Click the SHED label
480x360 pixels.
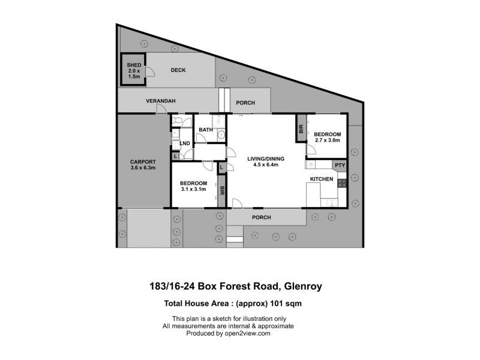[x=133, y=64]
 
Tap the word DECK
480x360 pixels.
[x=178, y=70]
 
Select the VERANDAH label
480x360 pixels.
[x=160, y=101]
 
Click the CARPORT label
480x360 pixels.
[x=143, y=161]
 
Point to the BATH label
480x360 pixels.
[x=206, y=130]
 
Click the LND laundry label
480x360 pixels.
[x=185, y=143]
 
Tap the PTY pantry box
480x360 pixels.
[x=340, y=165]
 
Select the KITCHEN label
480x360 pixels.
[x=321, y=179]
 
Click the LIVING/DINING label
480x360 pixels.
[x=265, y=159]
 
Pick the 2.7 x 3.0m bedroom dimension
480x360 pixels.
[x=328, y=140]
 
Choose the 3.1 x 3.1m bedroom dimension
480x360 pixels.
[x=194, y=190]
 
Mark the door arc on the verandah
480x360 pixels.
[x=160, y=108]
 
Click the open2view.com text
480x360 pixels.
[x=251, y=333]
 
